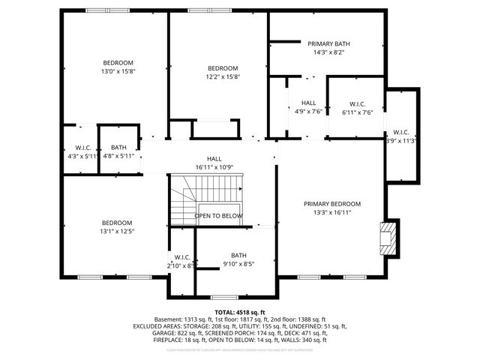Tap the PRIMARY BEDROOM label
[x=332, y=204]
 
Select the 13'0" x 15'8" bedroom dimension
[x=118, y=71]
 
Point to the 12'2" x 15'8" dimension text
[x=223, y=76]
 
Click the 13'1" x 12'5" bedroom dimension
[x=117, y=232]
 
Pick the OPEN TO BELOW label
[x=219, y=216]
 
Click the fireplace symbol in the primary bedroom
[x=387, y=238]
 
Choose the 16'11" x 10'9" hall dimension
[x=214, y=167]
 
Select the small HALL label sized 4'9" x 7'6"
[x=309, y=103]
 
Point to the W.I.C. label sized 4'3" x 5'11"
[x=82, y=148]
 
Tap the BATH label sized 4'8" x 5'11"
[x=118, y=148]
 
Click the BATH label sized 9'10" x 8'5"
[x=238, y=255]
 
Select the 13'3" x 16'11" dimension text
[x=332, y=213]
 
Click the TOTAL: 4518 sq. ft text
[x=240, y=312]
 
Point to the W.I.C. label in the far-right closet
[x=401, y=132]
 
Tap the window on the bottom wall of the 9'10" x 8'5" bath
[x=223, y=296]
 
